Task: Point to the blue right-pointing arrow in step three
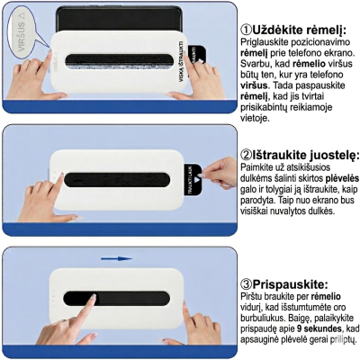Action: pos(116,258)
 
